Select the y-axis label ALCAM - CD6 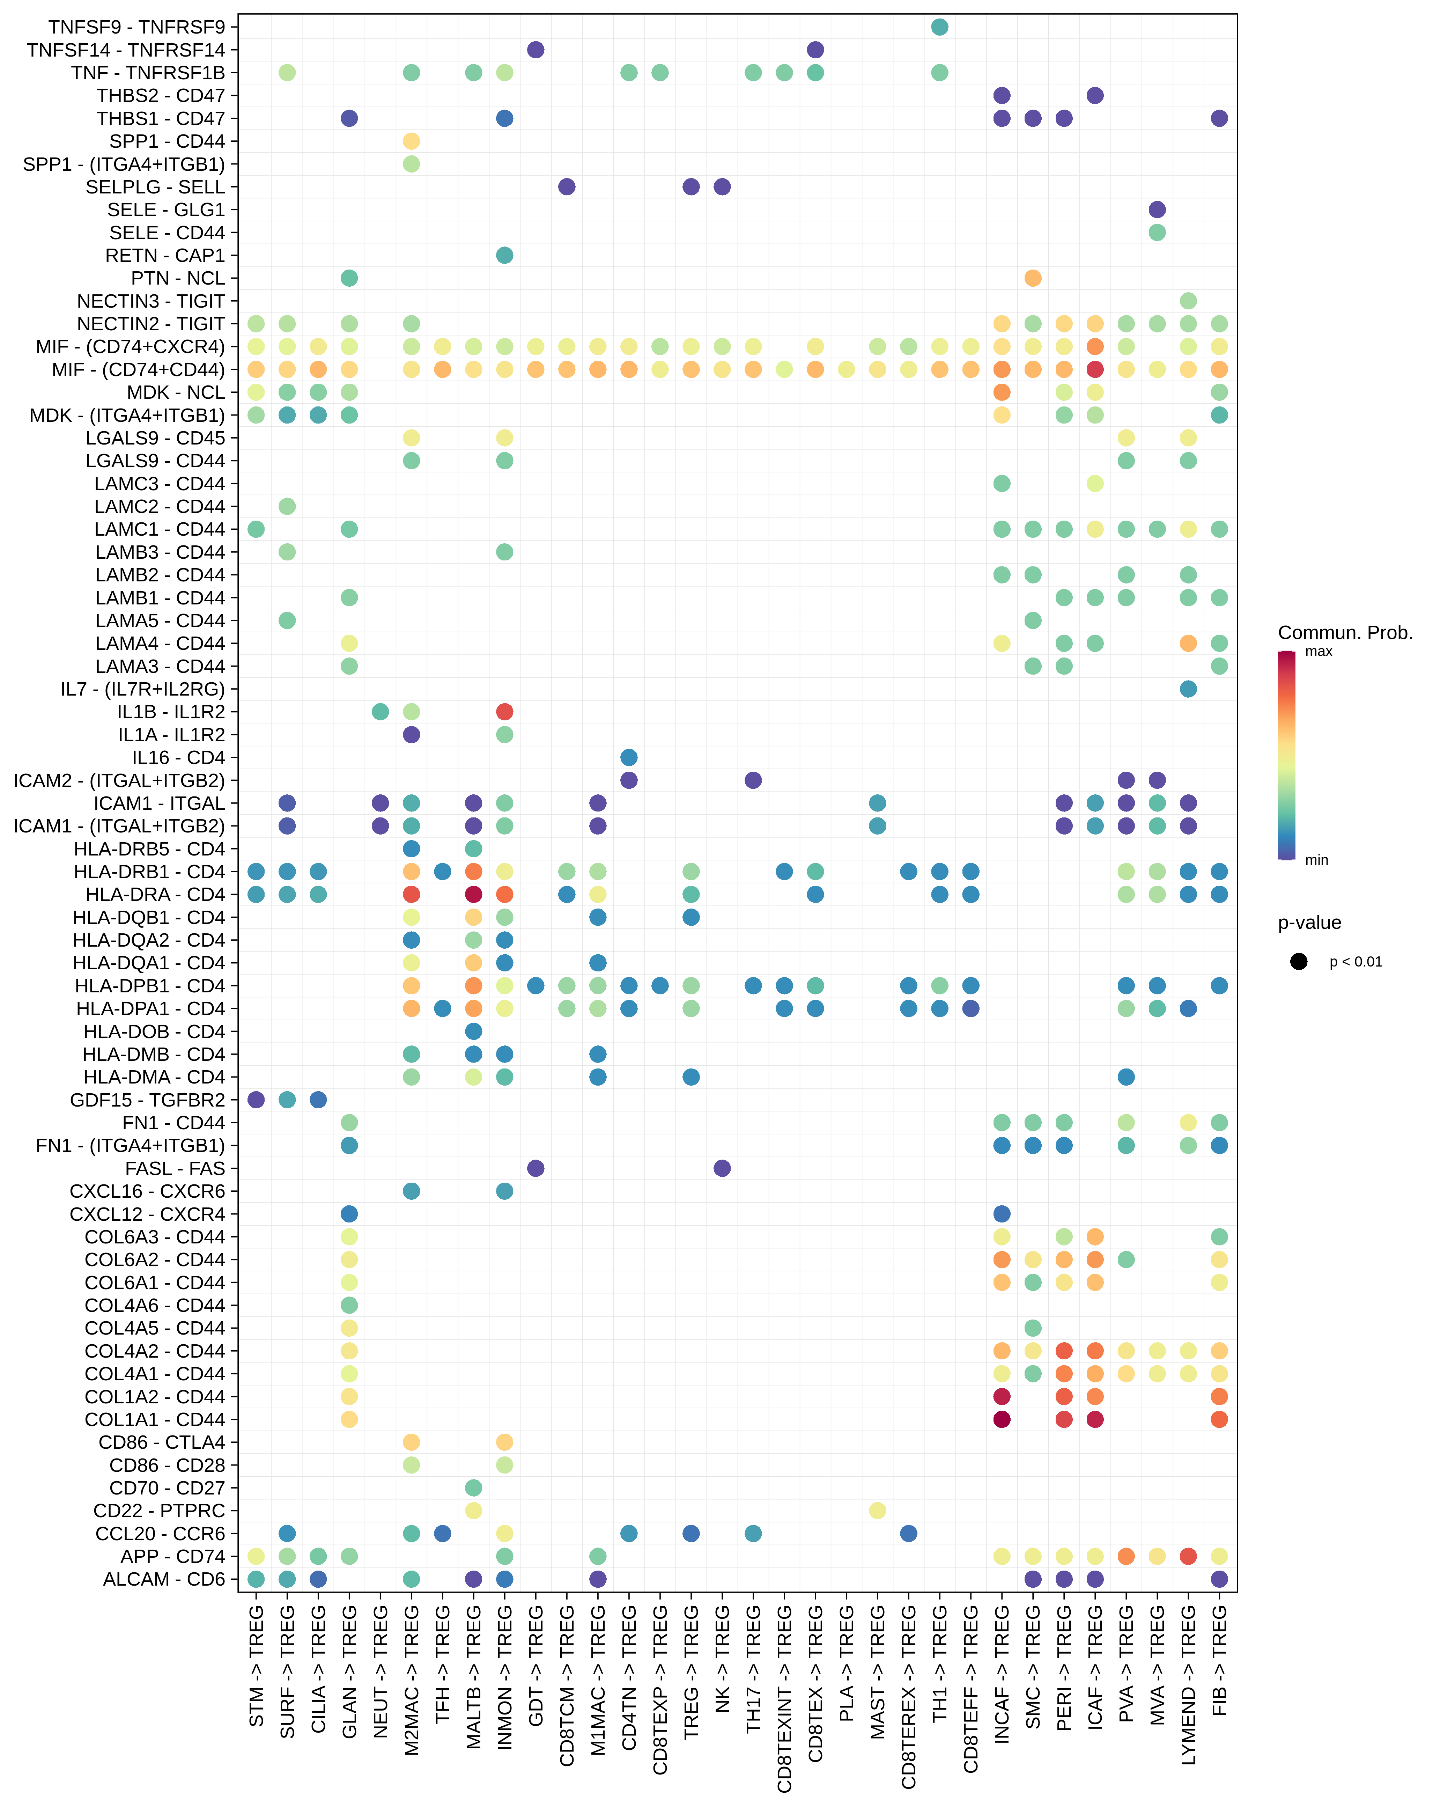click(x=164, y=1579)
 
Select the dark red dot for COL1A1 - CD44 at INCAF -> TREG click(x=1001, y=1419)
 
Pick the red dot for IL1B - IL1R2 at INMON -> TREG click(x=504, y=712)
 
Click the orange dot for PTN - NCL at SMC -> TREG click(x=1033, y=278)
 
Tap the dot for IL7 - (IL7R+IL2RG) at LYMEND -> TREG click(x=1188, y=689)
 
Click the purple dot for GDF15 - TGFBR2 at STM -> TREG click(x=256, y=1100)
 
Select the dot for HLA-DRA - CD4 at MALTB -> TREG click(x=473, y=894)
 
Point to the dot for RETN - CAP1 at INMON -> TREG click(x=504, y=255)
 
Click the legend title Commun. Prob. click(x=1344, y=633)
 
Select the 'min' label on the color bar click(x=1316, y=860)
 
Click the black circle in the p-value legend click(x=1298, y=961)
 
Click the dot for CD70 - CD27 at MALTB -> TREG click(x=473, y=1488)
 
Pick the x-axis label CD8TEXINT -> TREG click(x=784, y=1697)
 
